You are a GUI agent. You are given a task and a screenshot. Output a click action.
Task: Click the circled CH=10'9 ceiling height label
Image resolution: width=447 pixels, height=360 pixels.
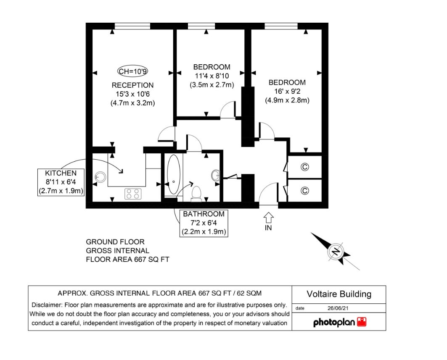(132, 71)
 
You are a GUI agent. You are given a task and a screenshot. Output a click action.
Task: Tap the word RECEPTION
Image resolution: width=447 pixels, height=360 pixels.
(132, 85)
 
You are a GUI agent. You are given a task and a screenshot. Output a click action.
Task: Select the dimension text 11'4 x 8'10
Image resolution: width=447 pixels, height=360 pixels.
(212, 76)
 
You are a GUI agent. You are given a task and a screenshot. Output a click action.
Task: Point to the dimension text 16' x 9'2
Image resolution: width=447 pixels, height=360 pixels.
(287, 92)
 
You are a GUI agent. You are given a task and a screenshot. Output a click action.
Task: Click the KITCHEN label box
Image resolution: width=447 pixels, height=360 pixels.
(61, 182)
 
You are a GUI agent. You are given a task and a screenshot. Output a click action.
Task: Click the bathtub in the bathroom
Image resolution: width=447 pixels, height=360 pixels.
(174, 174)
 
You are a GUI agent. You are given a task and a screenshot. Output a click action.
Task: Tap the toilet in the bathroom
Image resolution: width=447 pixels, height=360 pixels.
(196, 193)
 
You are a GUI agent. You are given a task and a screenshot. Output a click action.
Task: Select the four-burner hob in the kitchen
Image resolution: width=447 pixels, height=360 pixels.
(133, 194)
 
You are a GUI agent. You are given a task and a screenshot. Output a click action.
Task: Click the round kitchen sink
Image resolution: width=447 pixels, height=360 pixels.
(100, 177)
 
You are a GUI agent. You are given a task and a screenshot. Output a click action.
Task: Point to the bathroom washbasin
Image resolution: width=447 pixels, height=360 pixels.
(216, 175)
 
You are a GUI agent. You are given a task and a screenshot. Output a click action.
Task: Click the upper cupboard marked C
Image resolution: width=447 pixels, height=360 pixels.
(305, 167)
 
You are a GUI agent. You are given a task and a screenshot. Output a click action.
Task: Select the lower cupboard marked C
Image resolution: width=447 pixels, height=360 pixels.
(305, 190)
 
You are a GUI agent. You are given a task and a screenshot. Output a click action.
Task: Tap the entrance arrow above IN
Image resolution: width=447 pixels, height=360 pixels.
(269, 218)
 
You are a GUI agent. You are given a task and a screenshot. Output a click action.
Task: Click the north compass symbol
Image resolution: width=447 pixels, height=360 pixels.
(335, 251)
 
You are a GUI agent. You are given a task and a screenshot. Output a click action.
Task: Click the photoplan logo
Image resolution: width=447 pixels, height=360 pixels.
(340, 322)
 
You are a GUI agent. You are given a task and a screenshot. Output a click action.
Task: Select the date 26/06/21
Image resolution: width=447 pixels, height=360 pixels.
(338, 308)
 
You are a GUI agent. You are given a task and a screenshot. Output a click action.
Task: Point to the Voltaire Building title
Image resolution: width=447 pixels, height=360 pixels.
(339, 294)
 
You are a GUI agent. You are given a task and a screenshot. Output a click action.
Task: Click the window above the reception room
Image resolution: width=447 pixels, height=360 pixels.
(132, 26)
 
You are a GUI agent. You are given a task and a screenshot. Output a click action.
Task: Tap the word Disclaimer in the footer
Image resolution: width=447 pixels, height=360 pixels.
(47, 305)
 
